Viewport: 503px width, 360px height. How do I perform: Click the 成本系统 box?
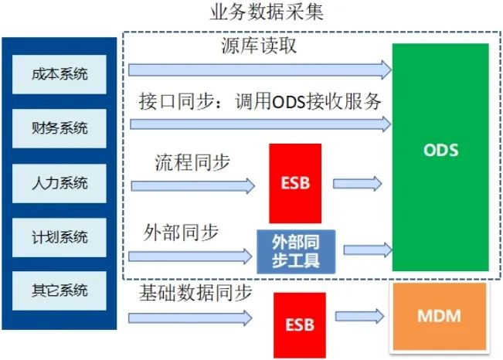click(x=59, y=75)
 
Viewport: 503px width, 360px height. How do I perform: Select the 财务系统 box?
click(x=59, y=128)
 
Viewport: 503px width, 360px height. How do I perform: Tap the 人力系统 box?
click(x=59, y=183)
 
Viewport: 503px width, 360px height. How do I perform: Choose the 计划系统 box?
click(x=59, y=236)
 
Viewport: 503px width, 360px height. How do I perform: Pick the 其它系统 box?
click(x=59, y=290)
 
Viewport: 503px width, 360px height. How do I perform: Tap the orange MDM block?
click(x=440, y=317)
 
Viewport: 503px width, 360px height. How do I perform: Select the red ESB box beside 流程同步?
click(x=294, y=183)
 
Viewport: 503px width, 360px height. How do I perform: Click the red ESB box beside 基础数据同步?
click(x=299, y=324)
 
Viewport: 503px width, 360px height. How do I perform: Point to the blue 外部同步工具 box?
click(x=296, y=250)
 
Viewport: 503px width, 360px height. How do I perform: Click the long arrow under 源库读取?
click(x=260, y=70)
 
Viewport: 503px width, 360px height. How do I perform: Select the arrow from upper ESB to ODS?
click(x=357, y=184)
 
